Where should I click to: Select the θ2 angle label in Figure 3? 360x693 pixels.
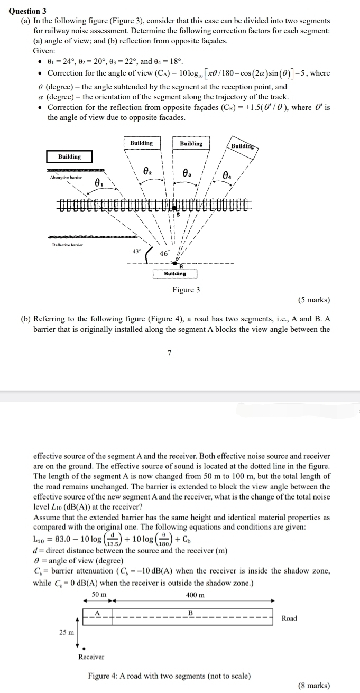pos(148,171)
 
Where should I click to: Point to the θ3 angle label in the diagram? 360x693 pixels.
pos(187,172)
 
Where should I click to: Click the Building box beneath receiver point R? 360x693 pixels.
pos(175,274)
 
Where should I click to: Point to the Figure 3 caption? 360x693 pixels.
pos(186,290)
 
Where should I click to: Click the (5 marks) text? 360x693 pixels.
pos(314,300)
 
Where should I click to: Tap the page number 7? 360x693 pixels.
pos(169,353)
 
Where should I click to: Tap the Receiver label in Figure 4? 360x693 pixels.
pos(91,657)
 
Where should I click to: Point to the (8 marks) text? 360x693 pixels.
pos(314,686)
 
